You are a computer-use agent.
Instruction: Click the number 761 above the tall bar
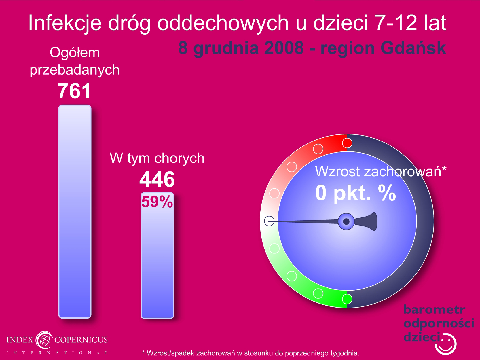pos(74,91)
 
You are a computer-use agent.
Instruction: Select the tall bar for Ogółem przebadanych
pos(75,211)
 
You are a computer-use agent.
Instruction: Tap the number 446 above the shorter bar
pos(157,179)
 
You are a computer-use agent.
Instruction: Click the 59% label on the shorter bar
pos(157,202)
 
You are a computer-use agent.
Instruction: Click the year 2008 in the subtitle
pos(284,48)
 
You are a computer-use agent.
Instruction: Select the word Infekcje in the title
pos(65,23)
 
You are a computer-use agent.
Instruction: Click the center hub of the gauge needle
pos(346,221)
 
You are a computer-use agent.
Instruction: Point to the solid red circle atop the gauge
pos(347,143)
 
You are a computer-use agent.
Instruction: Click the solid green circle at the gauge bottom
pos(347,299)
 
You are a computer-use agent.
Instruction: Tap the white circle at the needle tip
pos(269,221)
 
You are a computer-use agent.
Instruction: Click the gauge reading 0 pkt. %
pos(356,193)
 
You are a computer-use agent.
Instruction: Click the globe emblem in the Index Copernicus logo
pos(44,340)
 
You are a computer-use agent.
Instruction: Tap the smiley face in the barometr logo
pos(445,344)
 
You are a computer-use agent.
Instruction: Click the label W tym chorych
pos(157,158)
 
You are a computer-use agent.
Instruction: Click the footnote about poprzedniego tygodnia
pos(251,353)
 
